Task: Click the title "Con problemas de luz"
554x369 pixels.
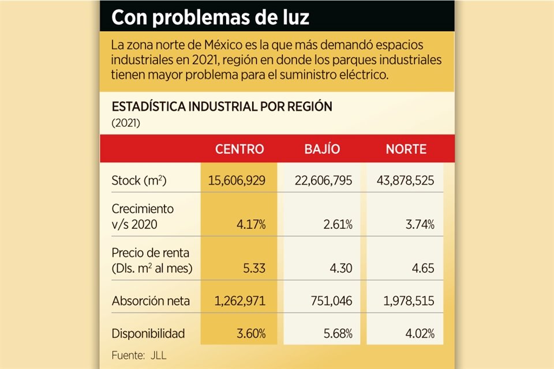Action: point(210,18)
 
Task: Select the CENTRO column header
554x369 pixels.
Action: point(239,149)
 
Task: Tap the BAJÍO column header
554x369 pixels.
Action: point(322,149)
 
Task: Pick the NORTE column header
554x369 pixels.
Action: point(406,149)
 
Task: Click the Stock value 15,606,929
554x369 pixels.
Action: point(237,181)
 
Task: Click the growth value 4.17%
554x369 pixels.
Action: point(251,225)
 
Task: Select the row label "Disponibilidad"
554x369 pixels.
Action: point(148,333)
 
